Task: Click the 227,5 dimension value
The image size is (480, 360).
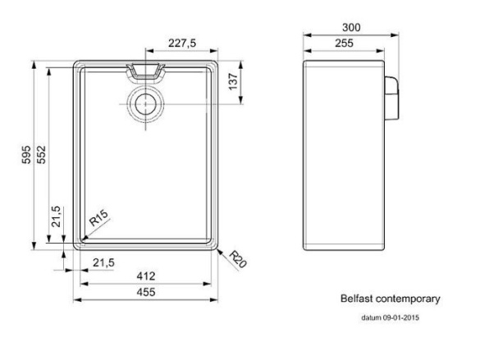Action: [182, 43]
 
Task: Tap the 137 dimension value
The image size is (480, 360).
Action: [233, 81]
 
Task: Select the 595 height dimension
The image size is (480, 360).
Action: [26, 154]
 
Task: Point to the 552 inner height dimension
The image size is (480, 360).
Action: [41, 154]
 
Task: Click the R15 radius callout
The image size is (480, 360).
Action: [98, 218]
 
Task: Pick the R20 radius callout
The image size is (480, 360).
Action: [238, 259]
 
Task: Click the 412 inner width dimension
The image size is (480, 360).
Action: [146, 276]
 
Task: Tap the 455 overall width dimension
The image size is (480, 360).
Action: [146, 292]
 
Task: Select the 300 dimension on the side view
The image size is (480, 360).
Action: [351, 28]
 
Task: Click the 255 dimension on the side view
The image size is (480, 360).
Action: [344, 43]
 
